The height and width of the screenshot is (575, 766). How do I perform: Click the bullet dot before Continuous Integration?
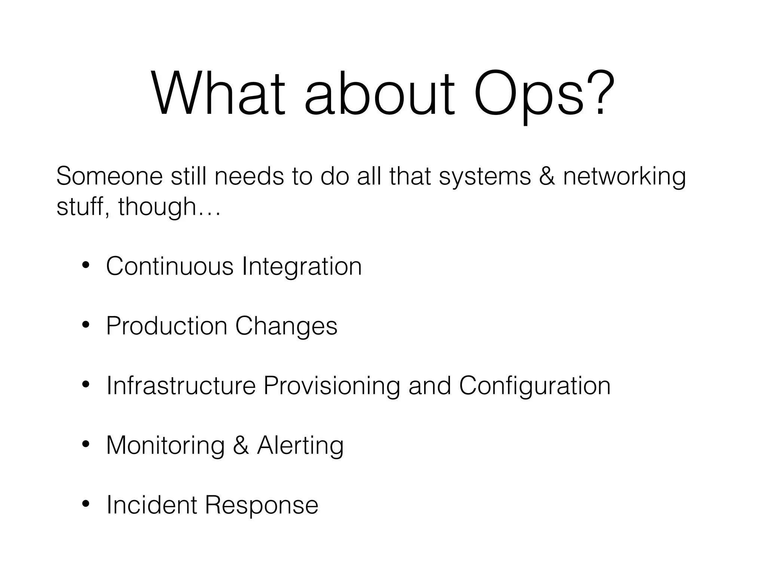[86, 265]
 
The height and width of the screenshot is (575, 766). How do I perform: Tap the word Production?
[166, 326]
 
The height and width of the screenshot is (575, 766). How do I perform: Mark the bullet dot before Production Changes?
[86, 325]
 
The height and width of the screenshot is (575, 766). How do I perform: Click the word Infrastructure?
[181, 385]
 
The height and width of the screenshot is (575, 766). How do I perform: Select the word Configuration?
[535, 386]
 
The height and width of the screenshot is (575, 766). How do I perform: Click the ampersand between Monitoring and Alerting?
[241, 445]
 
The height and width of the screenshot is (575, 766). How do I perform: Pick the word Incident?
[152, 505]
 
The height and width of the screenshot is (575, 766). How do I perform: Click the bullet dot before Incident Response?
[86, 504]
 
